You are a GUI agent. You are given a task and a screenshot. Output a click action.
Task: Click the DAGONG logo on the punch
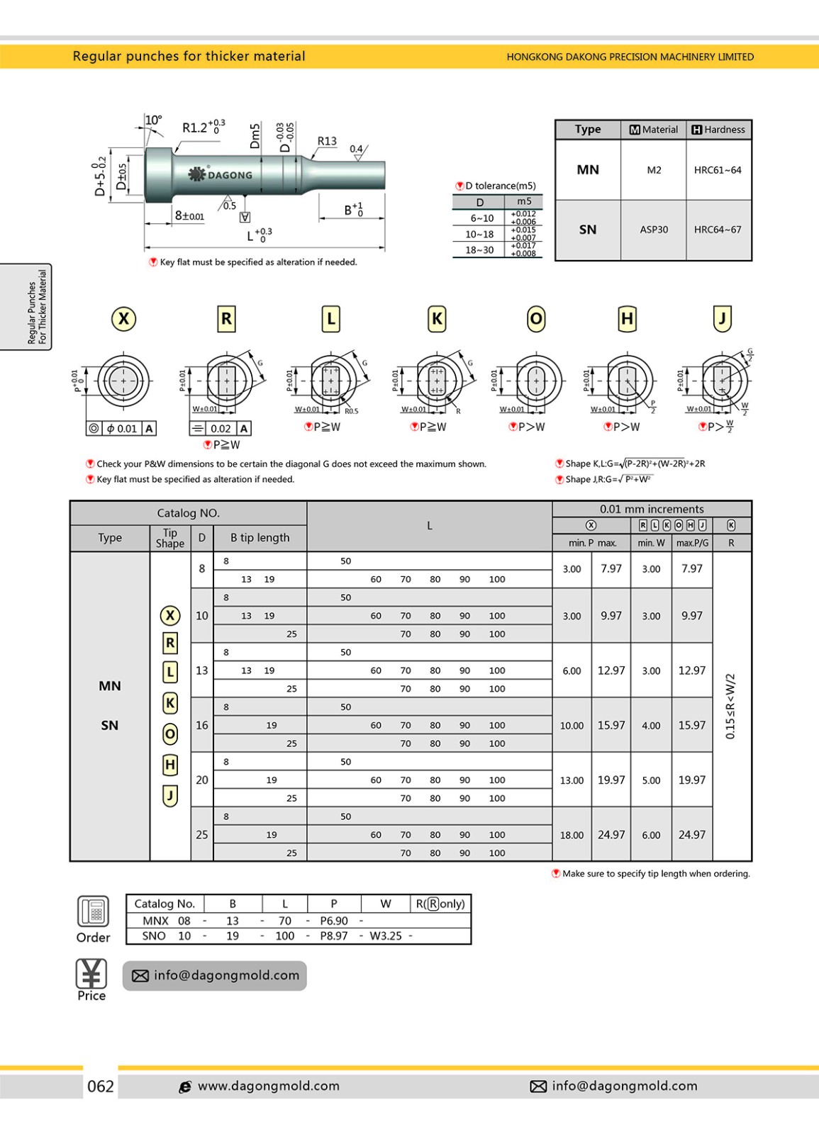221,174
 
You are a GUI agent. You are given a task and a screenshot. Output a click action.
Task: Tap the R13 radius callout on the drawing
327,141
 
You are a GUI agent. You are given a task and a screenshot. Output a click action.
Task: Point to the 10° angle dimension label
153,120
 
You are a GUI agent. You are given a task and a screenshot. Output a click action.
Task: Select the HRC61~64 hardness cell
718,170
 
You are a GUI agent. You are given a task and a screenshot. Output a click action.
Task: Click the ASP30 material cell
654,230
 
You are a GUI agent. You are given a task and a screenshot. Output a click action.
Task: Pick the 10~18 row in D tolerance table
479,234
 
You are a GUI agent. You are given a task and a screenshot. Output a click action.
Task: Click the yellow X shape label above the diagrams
124,319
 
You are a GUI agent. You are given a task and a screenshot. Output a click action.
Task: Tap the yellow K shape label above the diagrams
437,319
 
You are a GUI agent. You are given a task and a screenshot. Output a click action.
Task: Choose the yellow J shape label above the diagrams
722,319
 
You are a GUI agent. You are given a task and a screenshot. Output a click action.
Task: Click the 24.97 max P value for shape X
611,835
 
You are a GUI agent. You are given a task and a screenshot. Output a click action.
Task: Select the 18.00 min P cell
572,835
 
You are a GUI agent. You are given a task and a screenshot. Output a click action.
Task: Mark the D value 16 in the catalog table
202,725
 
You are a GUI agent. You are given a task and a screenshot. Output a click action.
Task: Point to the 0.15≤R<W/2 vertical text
731,706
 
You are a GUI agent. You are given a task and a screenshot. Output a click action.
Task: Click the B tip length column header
260,538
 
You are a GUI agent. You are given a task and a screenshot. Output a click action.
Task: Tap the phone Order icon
93,911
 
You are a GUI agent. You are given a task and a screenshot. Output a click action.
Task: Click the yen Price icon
91,974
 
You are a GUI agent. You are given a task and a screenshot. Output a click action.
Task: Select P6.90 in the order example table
334,921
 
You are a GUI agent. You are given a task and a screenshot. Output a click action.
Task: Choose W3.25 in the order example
386,936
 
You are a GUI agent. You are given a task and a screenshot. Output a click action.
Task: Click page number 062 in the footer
100,1087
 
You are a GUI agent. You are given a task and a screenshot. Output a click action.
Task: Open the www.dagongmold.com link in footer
268,1086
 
